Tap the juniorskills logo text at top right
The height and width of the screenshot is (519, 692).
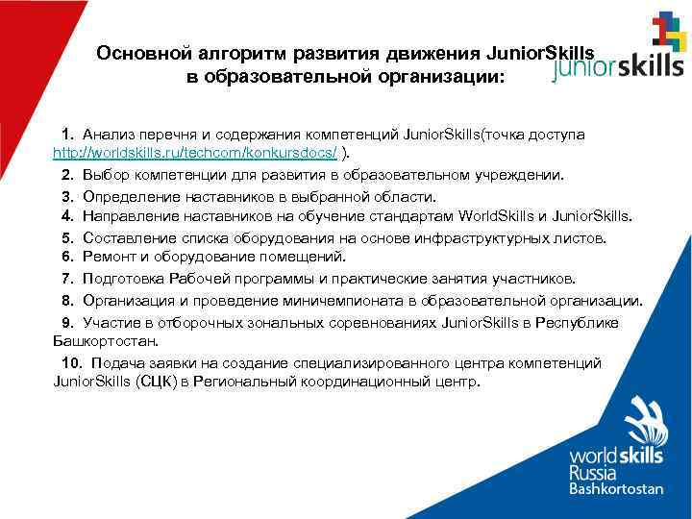[x=620, y=65]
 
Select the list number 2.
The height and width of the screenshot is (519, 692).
[x=66, y=175]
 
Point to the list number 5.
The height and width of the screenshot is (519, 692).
[x=66, y=237]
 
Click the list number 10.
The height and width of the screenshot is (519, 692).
[x=71, y=362]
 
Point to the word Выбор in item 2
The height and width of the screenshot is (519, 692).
[x=104, y=175]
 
